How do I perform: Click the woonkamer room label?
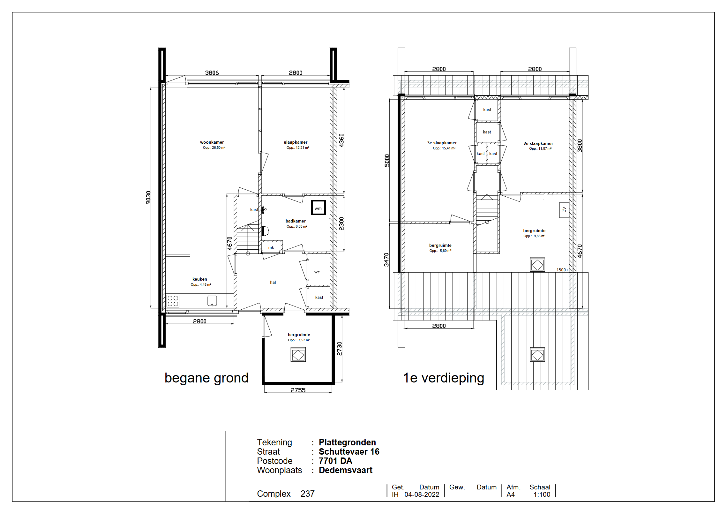pos(212,142)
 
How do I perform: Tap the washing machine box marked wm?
pos(318,208)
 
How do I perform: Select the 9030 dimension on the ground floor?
pos(148,198)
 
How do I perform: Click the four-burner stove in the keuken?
pos(173,301)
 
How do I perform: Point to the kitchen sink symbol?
pos(212,301)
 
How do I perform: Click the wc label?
pos(317,272)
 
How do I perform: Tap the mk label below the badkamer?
pos(271,247)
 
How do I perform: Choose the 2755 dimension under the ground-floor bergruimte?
pos(298,390)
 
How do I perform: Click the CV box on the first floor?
pos(564,210)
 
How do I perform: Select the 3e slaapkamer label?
pos(442,143)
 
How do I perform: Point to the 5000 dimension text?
pos(387,161)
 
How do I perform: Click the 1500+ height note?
pos(562,270)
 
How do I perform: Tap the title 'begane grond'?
pos(206,378)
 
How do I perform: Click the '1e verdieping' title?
pos(444,378)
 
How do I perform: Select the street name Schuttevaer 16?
pos(349,452)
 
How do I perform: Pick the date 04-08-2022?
pos(422,495)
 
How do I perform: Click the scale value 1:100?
pos(542,495)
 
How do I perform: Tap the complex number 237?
pos(308,494)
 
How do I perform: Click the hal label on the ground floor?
pos(273,282)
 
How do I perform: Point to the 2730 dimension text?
pos(340,349)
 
